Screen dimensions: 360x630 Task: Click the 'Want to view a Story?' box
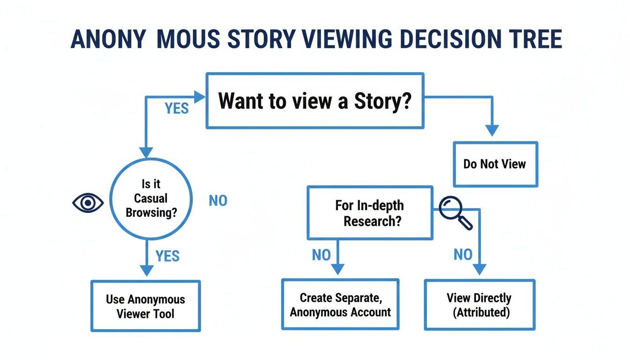[x=315, y=101]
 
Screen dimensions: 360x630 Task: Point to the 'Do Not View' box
[x=495, y=164]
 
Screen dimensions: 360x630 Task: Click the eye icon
[x=88, y=202]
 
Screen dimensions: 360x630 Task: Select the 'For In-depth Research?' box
[x=369, y=213]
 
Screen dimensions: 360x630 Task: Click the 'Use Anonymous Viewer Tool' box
[x=145, y=306]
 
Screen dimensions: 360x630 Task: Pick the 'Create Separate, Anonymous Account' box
[x=340, y=305]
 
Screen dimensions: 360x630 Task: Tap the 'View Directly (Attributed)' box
[x=479, y=305]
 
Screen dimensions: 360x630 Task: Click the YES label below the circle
[x=167, y=256]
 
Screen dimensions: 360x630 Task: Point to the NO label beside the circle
[x=218, y=201]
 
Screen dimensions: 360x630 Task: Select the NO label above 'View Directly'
[x=463, y=255]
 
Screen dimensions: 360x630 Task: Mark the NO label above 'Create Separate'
[x=321, y=255]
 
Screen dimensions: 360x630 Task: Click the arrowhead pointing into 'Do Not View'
[x=491, y=131]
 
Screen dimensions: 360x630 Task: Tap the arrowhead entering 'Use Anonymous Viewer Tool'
[x=147, y=270]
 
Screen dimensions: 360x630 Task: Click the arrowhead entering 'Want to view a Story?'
[x=200, y=97]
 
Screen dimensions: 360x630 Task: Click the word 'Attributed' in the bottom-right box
[x=481, y=312]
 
